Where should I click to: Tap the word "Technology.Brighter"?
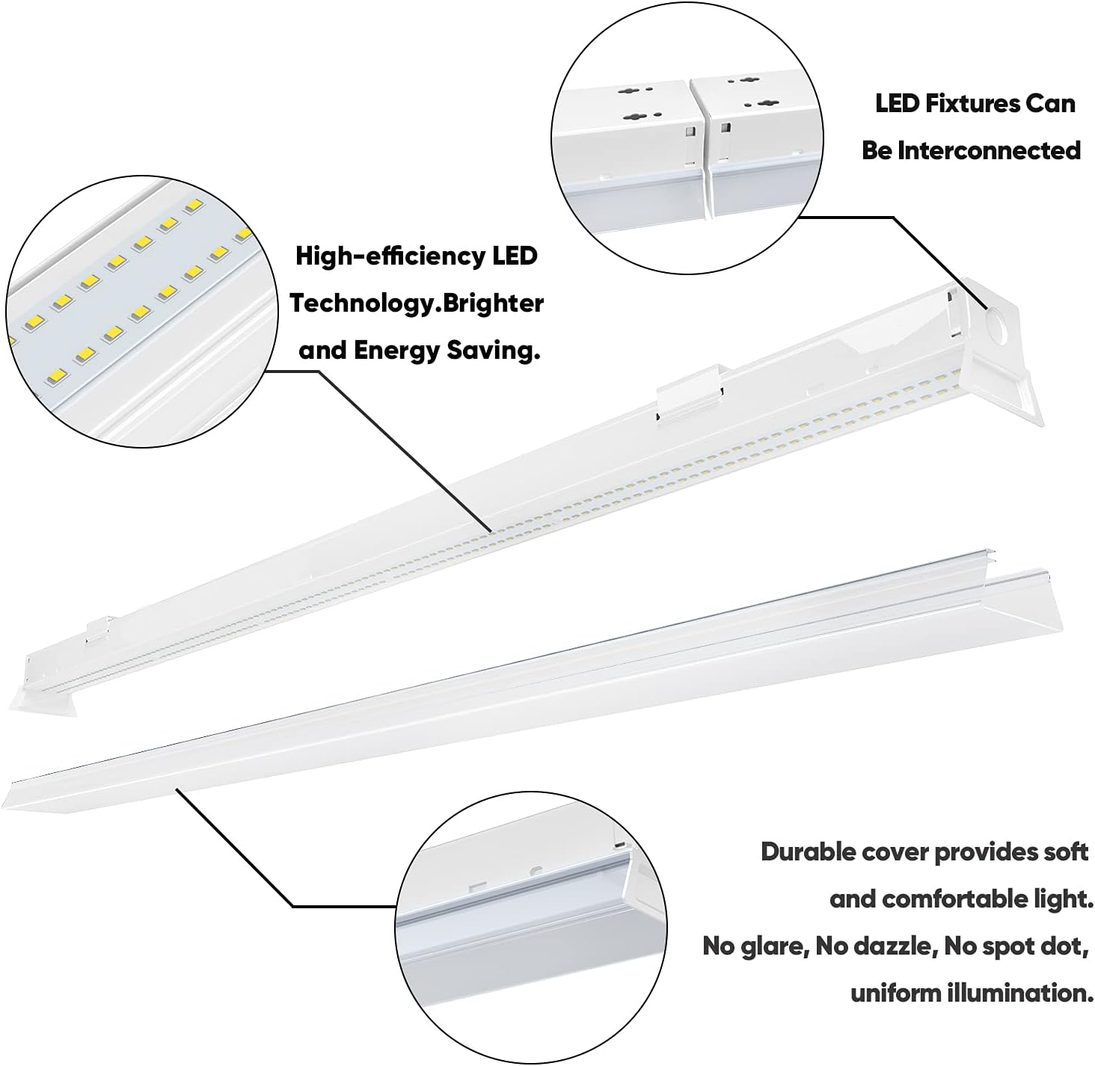[417, 304]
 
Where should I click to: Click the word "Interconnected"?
[990, 150]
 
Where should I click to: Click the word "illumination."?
[1019, 993]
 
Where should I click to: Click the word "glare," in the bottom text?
[770, 946]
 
